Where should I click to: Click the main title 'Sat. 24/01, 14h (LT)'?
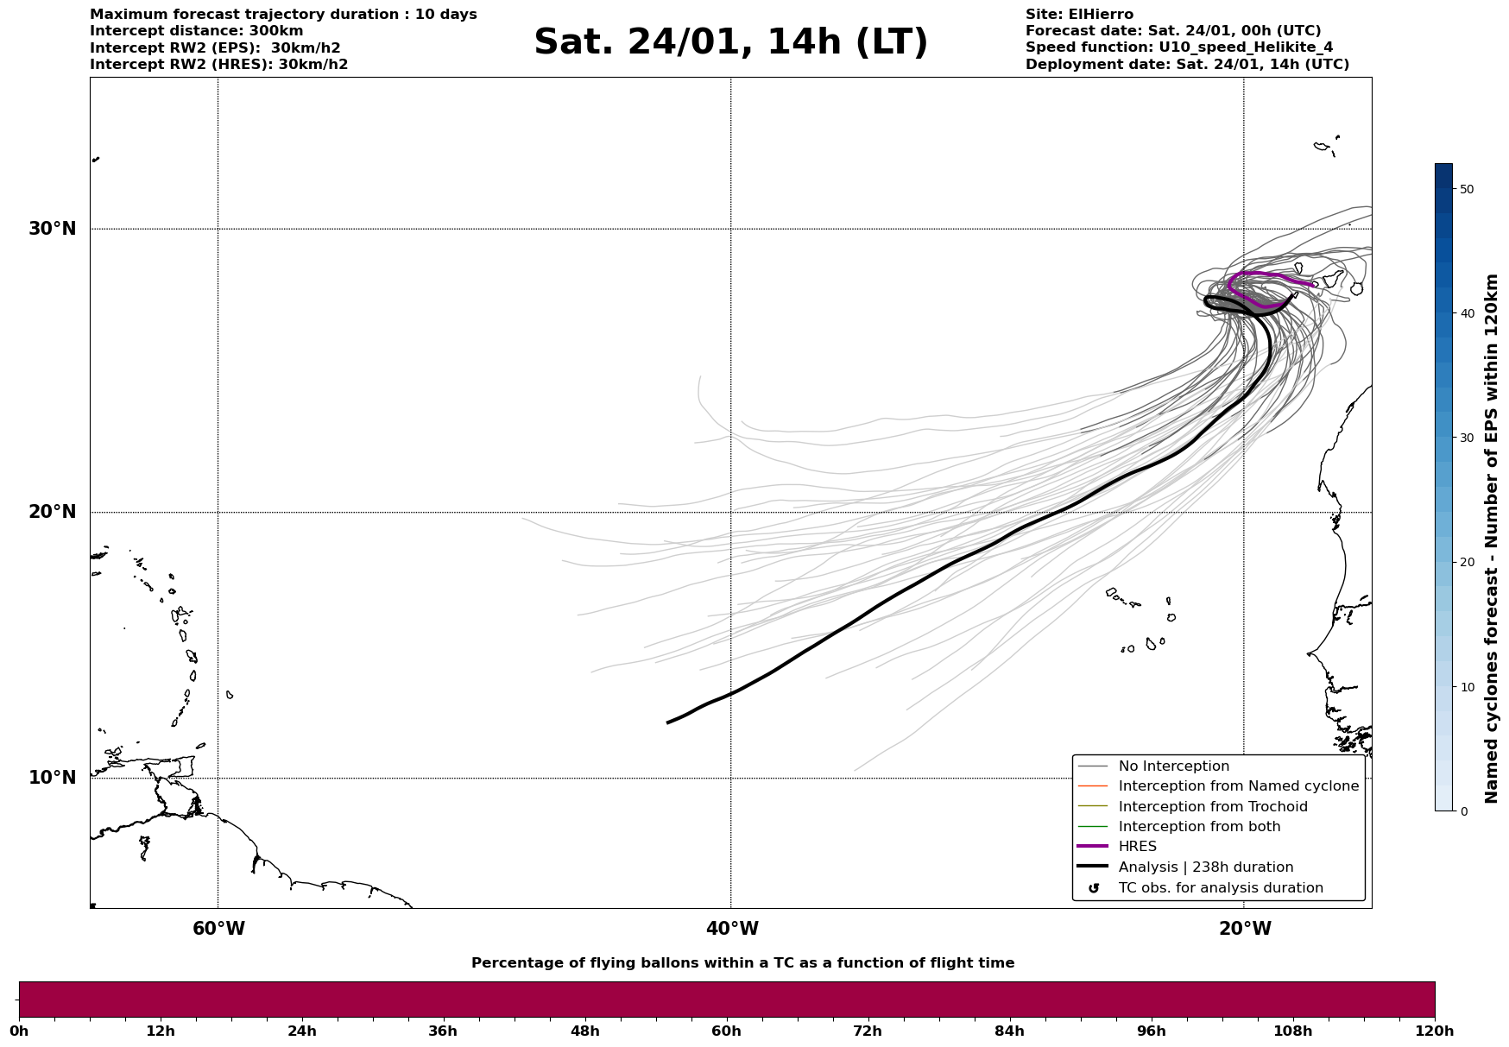(730, 42)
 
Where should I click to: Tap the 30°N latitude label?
(52, 229)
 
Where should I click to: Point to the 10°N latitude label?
(52, 778)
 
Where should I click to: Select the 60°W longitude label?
(218, 929)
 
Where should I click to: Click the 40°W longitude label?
(731, 929)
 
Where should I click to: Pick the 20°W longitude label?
(1244, 929)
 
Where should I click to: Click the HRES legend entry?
(1137, 847)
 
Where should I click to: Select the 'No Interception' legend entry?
(1173, 766)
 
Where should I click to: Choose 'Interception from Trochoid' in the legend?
(1212, 807)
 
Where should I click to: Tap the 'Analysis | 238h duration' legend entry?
(1205, 867)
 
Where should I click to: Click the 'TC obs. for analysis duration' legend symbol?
(1094, 888)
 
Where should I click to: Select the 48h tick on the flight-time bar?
(584, 1031)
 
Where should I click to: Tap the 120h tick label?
(1435, 1031)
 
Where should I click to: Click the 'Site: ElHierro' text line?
(1079, 15)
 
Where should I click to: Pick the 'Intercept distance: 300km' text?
(196, 31)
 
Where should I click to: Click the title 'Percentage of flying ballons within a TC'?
(742, 963)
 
